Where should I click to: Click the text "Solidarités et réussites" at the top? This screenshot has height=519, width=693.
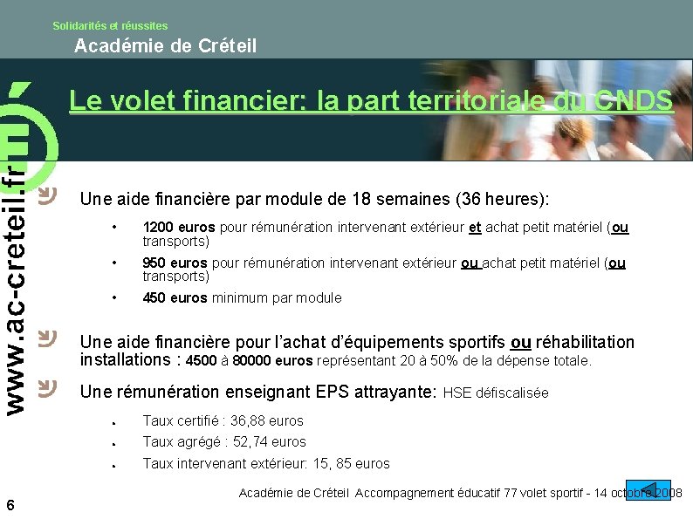[110, 26]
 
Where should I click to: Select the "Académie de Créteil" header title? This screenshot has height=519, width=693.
[166, 46]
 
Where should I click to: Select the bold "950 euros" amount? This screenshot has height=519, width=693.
[175, 263]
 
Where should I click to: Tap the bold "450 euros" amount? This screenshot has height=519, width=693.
[175, 297]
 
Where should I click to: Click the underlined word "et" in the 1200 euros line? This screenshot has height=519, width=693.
[475, 228]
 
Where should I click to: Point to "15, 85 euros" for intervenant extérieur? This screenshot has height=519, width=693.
[348, 463]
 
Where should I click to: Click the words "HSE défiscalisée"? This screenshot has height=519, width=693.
[496, 393]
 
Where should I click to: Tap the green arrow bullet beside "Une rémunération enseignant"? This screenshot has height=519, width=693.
[49, 386]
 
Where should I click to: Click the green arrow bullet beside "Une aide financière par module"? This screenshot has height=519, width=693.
[49, 193]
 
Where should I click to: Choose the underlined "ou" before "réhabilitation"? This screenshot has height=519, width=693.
[520, 342]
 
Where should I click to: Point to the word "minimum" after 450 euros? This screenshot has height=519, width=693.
[237, 297]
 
